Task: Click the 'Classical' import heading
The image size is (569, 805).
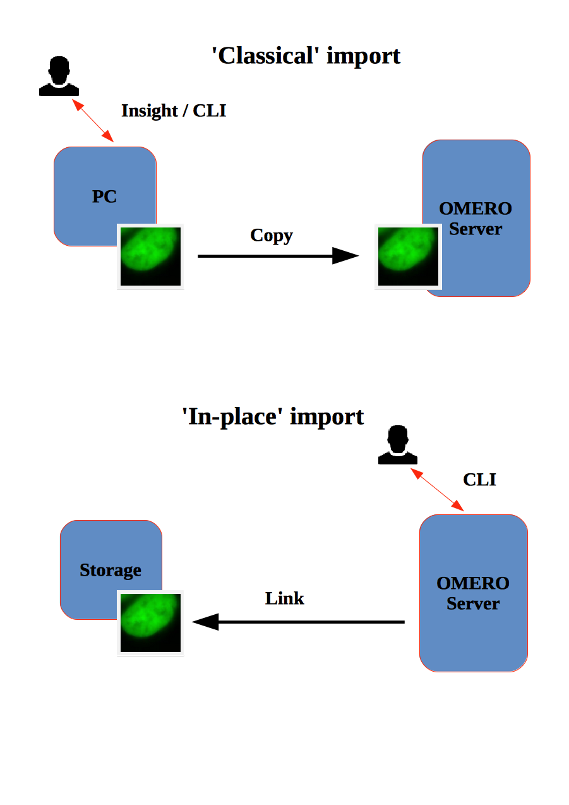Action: pos(306,56)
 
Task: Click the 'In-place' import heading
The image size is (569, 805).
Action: pos(273,416)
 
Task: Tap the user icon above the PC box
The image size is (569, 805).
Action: pos(59,77)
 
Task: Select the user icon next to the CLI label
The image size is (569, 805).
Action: pos(397,445)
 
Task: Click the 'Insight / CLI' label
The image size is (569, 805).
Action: pos(174,111)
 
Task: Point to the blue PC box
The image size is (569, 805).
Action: pos(95,183)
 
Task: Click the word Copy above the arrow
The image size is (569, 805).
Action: pos(272,235)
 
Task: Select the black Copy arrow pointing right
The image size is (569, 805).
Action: pos(278,256)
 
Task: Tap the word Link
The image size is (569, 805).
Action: pos(285,598)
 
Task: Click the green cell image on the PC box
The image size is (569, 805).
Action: pos(150,257)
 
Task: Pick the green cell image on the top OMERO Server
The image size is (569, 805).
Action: pos(408,257)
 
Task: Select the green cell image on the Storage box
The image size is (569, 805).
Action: pos(150,623)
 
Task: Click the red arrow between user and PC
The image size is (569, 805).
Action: pos(93,120)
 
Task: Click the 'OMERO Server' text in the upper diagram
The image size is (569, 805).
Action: pos(476,219)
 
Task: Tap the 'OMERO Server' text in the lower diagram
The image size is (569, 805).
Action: pos(473,593)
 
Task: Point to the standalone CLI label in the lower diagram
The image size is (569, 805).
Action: pos(479,480)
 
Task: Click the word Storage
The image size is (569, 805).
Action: pos(111,571)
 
